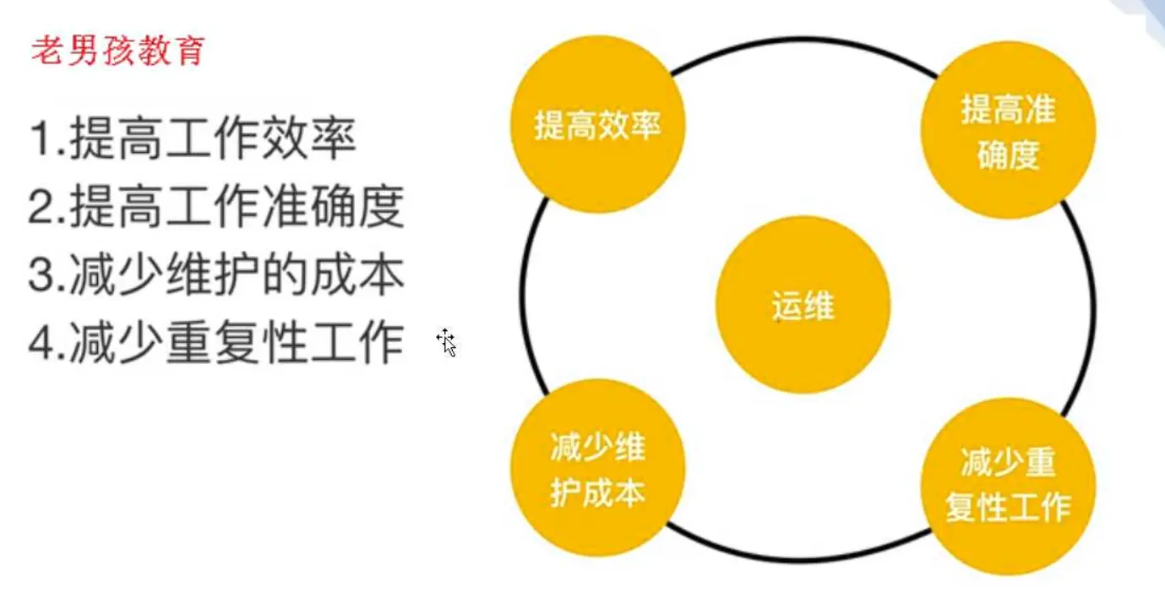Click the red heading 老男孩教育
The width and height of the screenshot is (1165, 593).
click(117, 52)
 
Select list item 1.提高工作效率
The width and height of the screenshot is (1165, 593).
click(193, 139)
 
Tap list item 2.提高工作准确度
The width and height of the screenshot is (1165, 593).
click(216, 207)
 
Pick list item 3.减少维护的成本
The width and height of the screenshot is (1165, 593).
click(216, 275)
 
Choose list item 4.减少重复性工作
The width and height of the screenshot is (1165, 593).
click(216, 343)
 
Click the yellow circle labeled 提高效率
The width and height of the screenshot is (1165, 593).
click(597, 126)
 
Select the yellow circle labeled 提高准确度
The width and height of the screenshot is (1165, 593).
click(1008, 132)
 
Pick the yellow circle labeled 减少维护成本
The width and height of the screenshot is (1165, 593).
click(597, 467)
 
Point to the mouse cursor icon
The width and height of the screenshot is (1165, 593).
click(447, 342)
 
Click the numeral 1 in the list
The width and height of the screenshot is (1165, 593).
click(39, 140)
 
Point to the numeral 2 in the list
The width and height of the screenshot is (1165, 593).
click(39, 208)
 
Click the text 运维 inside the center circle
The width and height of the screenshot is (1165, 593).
click(803, 307)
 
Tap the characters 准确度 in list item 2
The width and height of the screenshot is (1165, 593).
click(341, 207)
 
